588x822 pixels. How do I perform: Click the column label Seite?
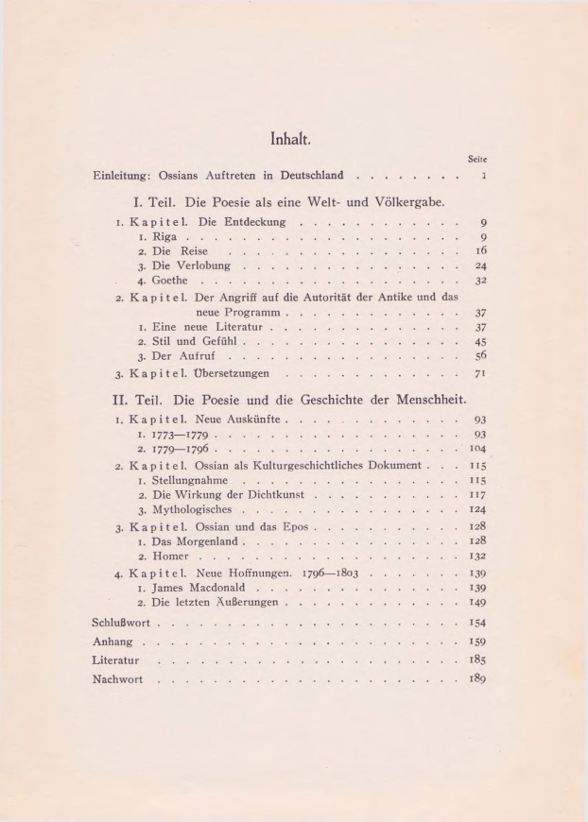tap(476, 162)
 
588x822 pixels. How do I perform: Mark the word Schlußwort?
tap(123, 625)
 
